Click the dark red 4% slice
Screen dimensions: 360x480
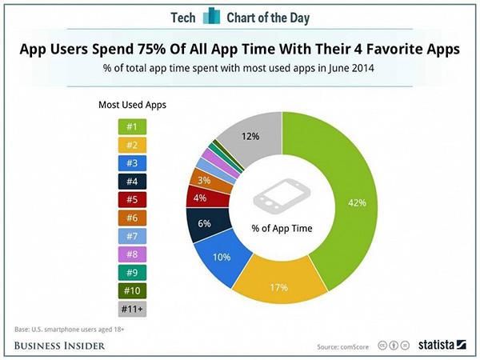click(x=200, y=196)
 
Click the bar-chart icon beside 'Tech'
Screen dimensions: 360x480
click(x=210, y=17)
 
